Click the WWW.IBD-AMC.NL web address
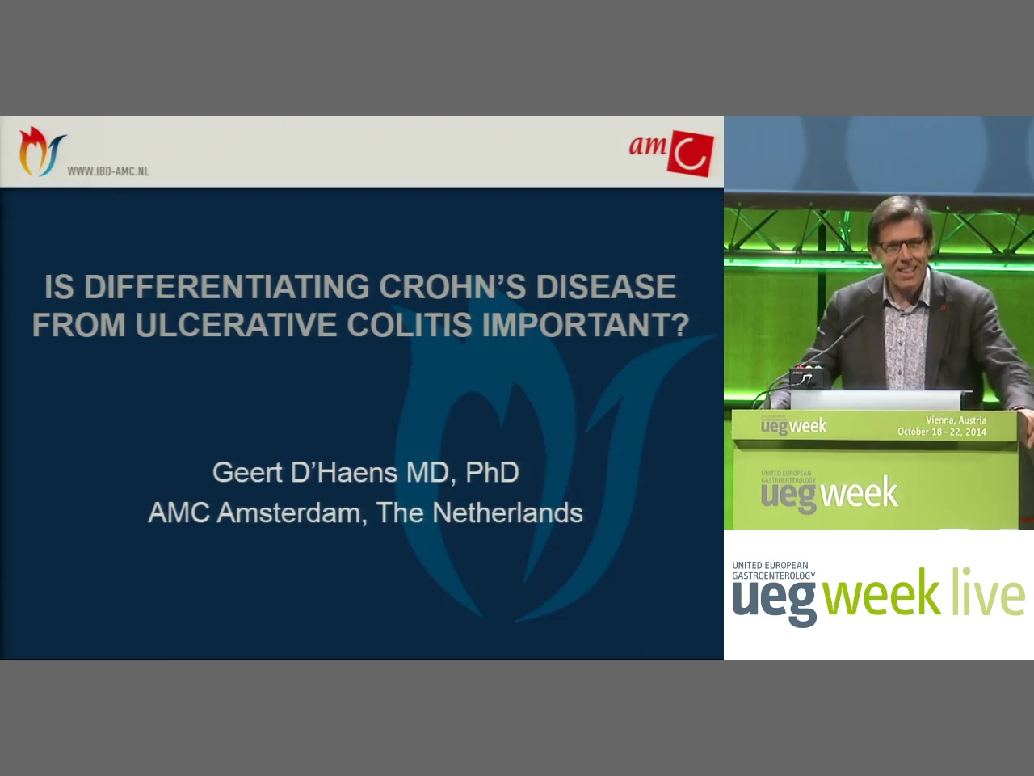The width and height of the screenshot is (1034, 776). point(108,171)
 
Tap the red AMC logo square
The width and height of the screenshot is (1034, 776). point(691,154)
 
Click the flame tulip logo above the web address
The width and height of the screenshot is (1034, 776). point(41,151)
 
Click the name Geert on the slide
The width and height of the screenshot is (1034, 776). point(247,472)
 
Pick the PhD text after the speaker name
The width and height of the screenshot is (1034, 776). point(492,472)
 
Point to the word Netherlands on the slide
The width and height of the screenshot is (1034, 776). point(507,512)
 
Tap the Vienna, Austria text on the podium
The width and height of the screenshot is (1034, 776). point(956,420)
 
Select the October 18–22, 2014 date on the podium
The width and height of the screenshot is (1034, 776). point(942,432)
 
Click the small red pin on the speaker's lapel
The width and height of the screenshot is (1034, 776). point(943,308)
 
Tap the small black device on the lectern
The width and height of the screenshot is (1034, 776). point(806,376)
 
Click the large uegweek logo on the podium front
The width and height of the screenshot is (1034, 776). point(829,493)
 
